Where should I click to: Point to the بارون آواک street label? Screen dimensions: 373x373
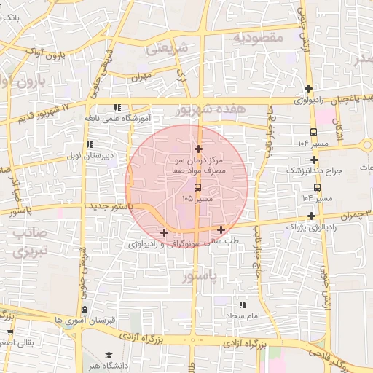point(61,53)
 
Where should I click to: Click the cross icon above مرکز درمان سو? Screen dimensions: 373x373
point(198,149)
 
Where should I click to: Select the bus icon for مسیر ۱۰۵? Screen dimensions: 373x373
point(197,187)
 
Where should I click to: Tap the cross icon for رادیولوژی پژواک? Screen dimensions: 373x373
point(312,216)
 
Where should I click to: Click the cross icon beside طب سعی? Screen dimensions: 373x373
point(221,230)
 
